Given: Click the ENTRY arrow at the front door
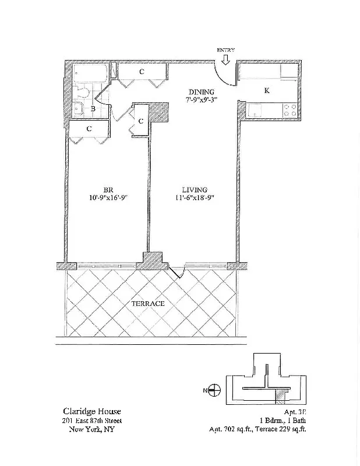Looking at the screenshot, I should pos(225,59).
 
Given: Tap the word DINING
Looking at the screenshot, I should pos(202,91).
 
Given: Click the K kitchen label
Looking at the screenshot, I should pos(267,90).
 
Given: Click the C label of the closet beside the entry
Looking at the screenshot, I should pos(142,72).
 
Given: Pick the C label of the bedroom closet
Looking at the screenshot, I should pos(89,128).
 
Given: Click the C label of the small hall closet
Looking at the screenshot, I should pos(142,121).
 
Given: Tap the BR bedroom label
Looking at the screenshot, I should pos(108,190).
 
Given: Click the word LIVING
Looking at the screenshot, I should pos(195,190).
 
